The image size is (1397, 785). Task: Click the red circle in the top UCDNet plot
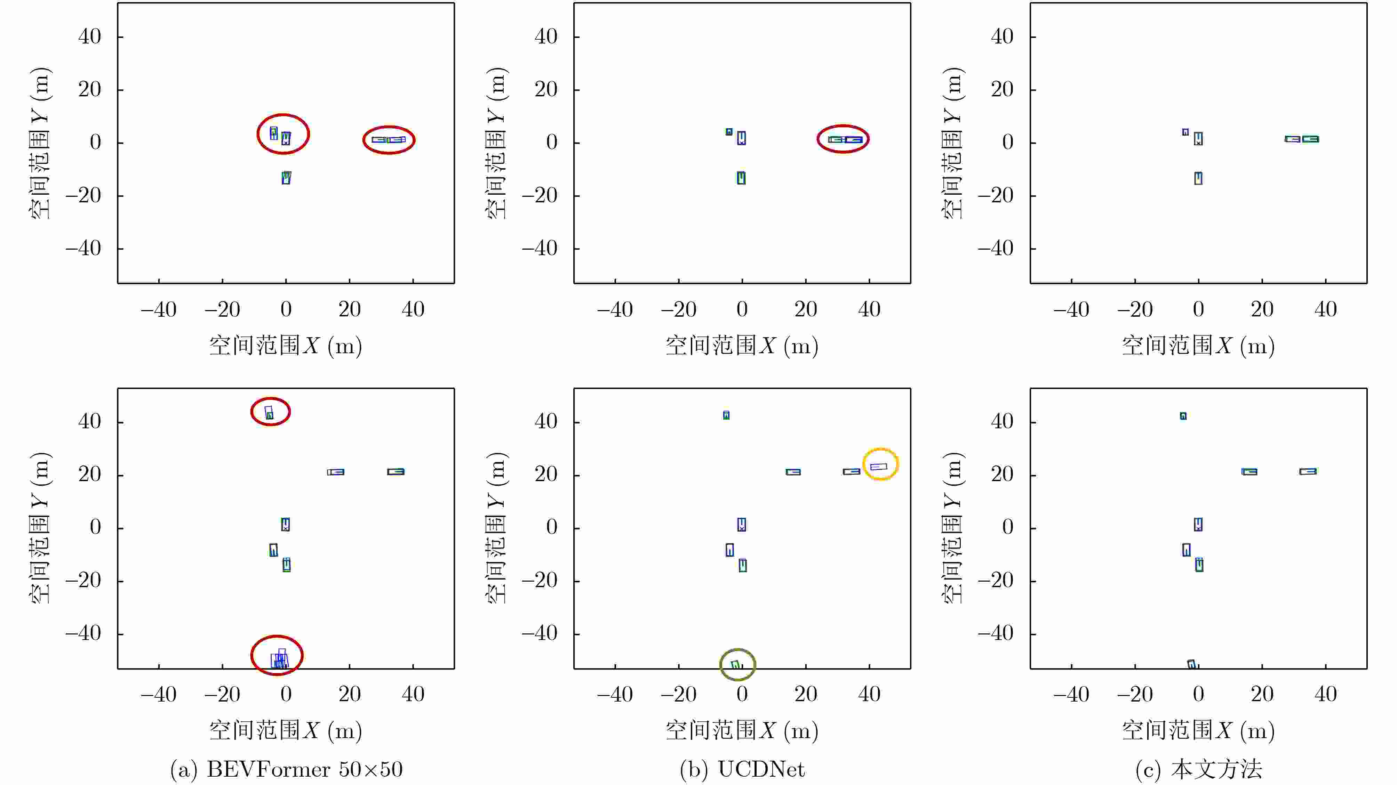pos(843,139)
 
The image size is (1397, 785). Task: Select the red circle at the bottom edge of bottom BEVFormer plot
pos(277,655)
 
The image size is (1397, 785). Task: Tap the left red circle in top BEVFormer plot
pos(283,134)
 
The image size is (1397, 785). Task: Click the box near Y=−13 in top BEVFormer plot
pos(286,178)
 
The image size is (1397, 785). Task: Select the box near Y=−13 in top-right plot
pos(1198,178)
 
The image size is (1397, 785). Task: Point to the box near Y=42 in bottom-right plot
pos(1183,416)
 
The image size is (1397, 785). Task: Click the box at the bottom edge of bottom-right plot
pos(1191,664)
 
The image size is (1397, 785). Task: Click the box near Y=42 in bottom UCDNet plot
pos(726,415)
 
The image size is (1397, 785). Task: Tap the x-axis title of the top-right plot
pos(1198,345)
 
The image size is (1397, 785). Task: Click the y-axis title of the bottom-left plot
pos(40,527)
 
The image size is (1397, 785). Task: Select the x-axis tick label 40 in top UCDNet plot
pos(869,309)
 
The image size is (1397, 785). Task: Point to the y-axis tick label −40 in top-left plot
pos(83,248)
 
